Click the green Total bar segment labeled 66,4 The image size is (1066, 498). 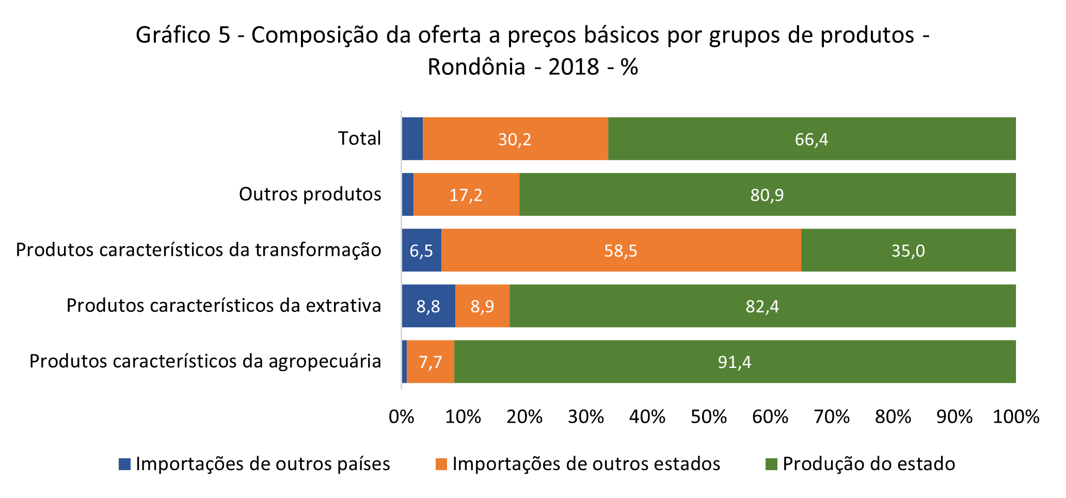point(812,139)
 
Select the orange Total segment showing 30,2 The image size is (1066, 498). point(515,139)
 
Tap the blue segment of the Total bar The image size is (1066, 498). point(412,139)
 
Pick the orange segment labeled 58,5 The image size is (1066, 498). point(621,250)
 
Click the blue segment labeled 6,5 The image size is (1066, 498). point(421,250)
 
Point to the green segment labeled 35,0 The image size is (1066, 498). point(908,250)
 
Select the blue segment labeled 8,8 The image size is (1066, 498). point(428,306)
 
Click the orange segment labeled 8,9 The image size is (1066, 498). point(482,306)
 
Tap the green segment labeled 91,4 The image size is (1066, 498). point(735,362)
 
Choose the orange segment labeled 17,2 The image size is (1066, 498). point(466,195)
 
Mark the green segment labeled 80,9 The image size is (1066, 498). point(767,195)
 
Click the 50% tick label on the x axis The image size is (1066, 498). point(708,417)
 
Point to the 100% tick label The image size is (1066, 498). point(1015,417)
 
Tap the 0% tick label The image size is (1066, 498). point(401,417)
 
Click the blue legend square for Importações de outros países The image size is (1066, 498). point(124,464)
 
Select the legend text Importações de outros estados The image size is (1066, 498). point(586,464)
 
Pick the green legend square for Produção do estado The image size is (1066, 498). point(771,464)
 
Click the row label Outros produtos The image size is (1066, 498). point(310,195)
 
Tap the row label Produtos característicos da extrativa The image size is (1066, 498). point(224,306)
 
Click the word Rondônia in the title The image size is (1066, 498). point(476,67)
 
